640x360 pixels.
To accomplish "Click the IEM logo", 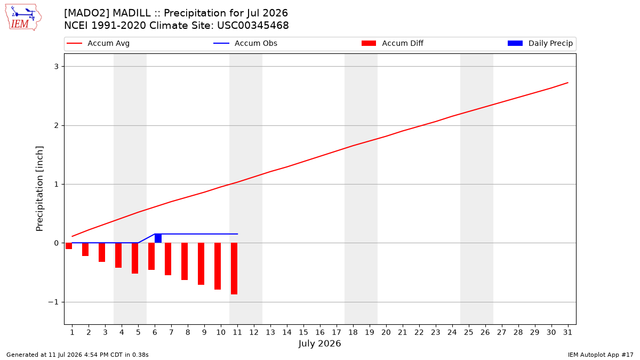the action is pos(23,18).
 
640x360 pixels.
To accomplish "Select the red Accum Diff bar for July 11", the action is pos(234,269).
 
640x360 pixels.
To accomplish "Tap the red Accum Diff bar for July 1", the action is pos(69,246).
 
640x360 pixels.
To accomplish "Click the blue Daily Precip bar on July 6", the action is pos(158,238).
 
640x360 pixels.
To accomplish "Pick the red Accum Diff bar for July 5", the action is pos(135,258).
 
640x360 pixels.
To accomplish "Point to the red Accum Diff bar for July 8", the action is pos(185,261).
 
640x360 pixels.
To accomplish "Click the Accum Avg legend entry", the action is pos(98,43).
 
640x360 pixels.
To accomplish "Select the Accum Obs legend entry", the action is pos(245,43).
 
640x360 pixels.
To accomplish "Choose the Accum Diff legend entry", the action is pos(393,43).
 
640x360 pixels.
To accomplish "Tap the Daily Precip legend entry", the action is pos(540,43).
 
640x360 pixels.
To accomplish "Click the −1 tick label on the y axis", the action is pos(53,302).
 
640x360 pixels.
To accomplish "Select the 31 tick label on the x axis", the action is pos(567,332).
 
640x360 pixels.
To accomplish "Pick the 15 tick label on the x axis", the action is pos(303,332).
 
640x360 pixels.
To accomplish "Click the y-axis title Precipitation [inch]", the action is pos(39,189).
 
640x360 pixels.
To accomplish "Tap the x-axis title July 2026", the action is pos(319,343).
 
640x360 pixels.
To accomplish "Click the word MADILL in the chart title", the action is pos(132,13).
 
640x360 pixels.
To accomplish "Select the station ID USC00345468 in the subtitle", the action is pos(253,26).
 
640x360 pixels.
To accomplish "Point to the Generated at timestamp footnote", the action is pos(77,355).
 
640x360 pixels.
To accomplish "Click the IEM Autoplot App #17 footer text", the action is pos(601,355).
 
